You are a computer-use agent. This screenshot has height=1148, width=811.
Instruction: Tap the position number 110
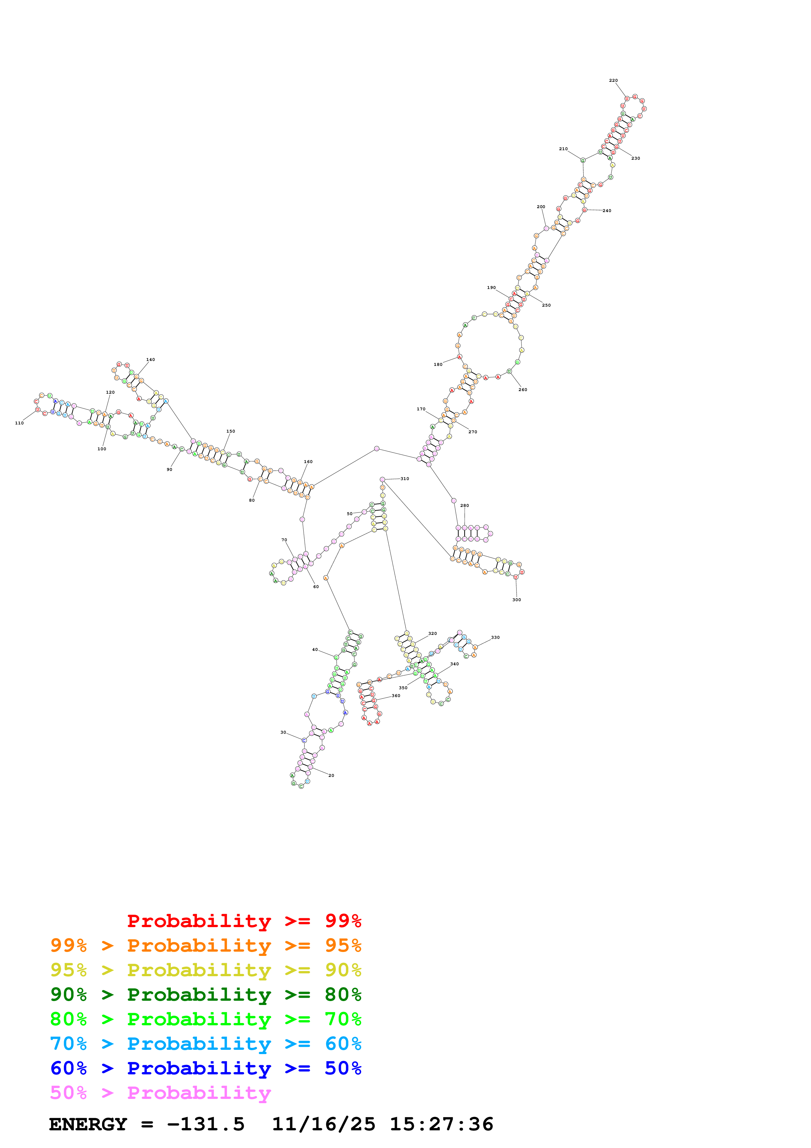(20, 423)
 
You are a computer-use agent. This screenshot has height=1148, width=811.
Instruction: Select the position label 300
(517, 600)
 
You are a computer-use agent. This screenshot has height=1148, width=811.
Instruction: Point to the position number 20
(331, 776)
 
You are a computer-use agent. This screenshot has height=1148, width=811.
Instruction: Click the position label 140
(150, 360)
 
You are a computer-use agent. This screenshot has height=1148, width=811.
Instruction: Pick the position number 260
(523, 389)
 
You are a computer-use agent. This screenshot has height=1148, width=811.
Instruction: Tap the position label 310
(405, 478)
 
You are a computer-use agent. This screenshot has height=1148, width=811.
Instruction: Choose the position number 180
(438, 365)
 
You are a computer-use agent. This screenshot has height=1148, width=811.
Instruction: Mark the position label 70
(284, 540)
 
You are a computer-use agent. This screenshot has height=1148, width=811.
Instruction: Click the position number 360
(396, 695)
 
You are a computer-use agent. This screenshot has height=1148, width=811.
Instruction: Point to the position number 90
(169, 470)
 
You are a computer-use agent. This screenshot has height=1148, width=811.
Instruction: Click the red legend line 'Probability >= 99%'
(244, 921)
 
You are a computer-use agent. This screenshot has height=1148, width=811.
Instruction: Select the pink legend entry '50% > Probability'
(160, 1093)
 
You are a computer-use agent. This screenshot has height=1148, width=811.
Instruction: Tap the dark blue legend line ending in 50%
(205, 1068)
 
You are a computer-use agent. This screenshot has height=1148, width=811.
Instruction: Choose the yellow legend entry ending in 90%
(205, 970)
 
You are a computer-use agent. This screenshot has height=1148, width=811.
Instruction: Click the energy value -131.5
(206, 1124)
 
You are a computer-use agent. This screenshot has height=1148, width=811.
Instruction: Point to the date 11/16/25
(323, 1124)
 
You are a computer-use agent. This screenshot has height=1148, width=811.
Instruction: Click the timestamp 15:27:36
(441, 1124)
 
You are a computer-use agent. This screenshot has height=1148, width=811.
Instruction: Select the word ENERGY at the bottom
(88, 1124)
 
